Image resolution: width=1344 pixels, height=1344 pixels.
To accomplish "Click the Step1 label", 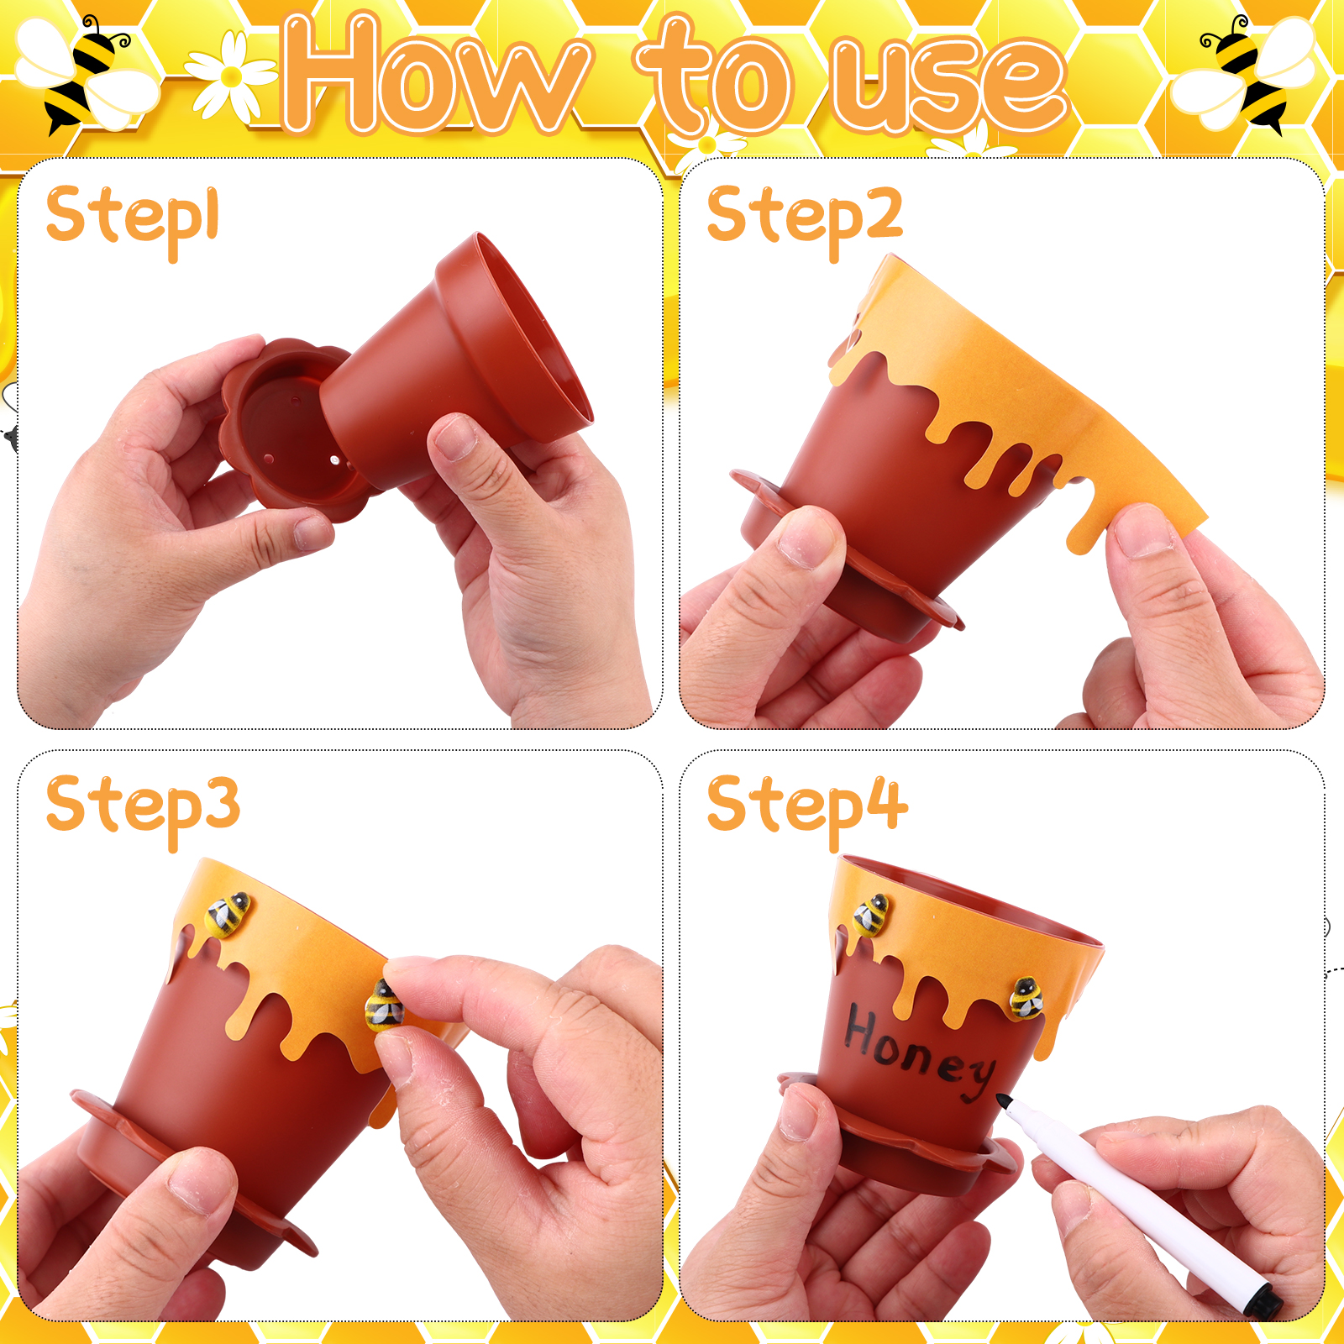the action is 133,220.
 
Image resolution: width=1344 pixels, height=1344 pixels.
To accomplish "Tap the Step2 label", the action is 805,220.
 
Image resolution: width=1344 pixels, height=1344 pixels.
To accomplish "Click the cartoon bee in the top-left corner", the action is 84,74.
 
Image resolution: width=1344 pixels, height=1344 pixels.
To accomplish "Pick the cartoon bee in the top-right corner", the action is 1247,74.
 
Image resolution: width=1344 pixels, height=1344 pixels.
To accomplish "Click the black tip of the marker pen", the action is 1004,1100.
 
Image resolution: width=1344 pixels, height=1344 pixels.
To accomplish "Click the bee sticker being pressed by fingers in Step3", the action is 384,1005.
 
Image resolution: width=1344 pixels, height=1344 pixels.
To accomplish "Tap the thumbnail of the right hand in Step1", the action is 454,437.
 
